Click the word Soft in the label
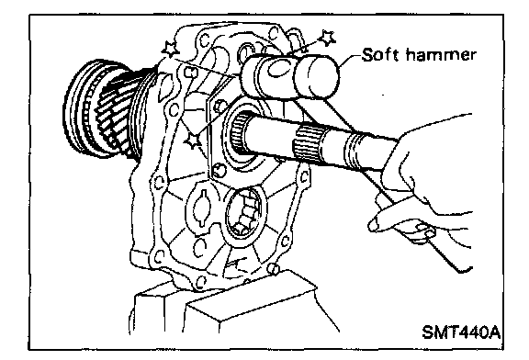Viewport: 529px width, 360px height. pyautogui.click(x=379, y=55)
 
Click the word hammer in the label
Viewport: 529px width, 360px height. pyautogui.click(x=441, y=55)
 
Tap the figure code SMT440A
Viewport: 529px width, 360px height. pyautogui.click(x=461, y=332)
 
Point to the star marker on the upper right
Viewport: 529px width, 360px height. pyautogui.click(x=327, y=39)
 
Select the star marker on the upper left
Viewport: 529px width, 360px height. pyautogui.click(x=171, y=50)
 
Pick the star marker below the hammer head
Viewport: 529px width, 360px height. pyautogui.click(x=193, y=140)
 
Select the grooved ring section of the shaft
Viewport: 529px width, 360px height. pyautogui.click(x=355, y=151)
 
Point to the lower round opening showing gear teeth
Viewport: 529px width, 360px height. pyautogui.click(x=245, y=212)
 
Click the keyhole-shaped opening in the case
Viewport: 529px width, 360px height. pyautogui.click(x=201, y=208)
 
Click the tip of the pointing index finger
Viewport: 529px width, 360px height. pyautogui.click(x=372, y=224)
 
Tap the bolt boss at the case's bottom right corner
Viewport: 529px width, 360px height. pyautogui.click(x=274, y=268)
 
